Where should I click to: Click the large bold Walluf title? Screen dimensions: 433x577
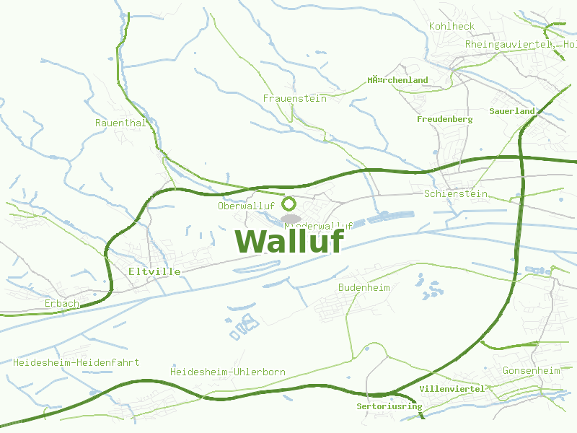click(288, 241)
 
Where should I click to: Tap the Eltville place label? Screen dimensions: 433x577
click(154, 271)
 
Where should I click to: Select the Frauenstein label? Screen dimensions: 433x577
click(294, 98)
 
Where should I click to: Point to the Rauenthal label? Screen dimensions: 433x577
click(120, 123)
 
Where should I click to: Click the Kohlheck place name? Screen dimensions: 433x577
click(452, 26)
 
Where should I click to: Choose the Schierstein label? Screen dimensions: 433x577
click(456, 194)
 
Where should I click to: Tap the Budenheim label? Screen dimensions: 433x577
click(364, 287)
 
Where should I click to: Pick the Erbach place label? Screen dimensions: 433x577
click(61, 304)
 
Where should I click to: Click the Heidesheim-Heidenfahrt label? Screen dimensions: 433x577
click(76, 362)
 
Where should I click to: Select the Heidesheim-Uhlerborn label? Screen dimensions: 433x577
click(227, 372)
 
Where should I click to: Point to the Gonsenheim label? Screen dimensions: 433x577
click(531, 371)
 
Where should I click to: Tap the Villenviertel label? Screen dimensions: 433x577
click(452, 389)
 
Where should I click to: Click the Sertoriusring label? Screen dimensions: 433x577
click(389, 406)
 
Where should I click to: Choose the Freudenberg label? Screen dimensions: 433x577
click(444, 119)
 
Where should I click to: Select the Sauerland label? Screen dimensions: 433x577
click(512, 111)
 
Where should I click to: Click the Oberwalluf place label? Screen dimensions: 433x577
click(246, 206)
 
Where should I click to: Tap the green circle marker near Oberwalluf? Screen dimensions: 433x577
click(288, 203)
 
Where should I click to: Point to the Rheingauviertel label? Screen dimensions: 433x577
click(508, 44)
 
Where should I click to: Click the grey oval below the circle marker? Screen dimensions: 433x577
click(291, 218)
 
